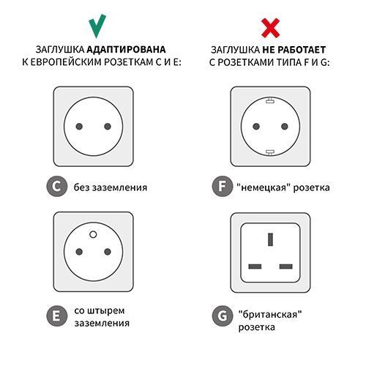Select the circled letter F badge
point(221,187)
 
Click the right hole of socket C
point(108,127)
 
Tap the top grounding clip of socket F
point(269,99)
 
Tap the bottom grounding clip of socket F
point(269,152)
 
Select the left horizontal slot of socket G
point(255,264)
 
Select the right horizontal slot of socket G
point(285,264)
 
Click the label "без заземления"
point(111,187)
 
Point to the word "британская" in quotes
point(270,313)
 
